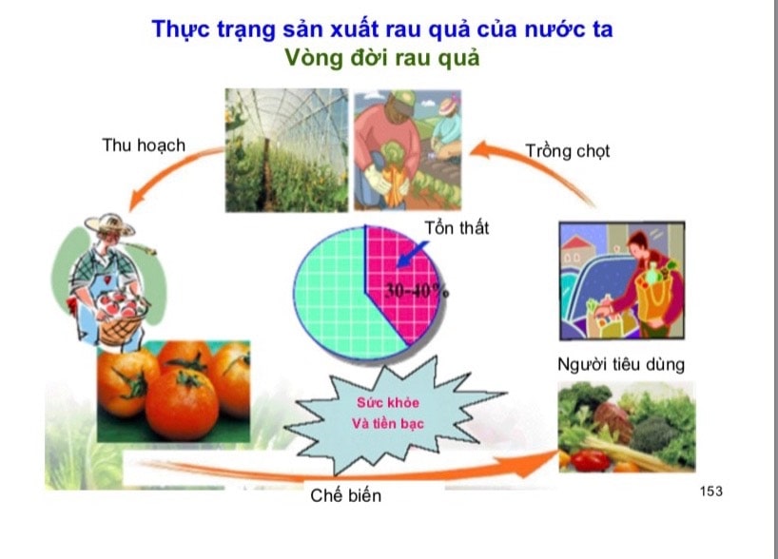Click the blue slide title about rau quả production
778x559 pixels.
(x=382, y=29)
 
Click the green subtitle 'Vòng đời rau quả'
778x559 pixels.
(x=382, y=58)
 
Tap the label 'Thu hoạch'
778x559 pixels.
(x=144, y=145)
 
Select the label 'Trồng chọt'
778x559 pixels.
(x=568, y=151)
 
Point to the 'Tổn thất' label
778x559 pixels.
(x=457, y=227)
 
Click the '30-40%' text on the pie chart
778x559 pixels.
(x=417, y=291)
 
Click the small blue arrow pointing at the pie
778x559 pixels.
(x=413, y=255)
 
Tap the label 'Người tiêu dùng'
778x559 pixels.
(x=621, y=364)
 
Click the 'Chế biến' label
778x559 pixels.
(x=346, y=495)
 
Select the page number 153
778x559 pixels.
(x=711, y=492)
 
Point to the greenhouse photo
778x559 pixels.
(x=287, y=150)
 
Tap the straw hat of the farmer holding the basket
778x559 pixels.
(x=109, y=224)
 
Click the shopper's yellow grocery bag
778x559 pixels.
(x=654, y=294)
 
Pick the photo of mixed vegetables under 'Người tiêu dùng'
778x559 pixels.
(x=627, y=427)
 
